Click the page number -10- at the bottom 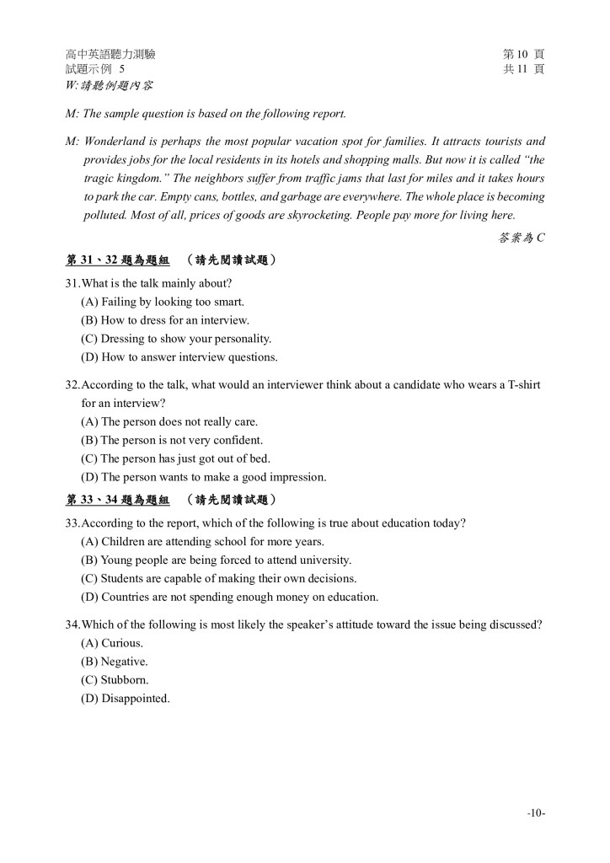coord(536,812)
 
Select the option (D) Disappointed coord(126,699)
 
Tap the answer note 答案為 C coord(522,238)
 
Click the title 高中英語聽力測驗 coord(110,55)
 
